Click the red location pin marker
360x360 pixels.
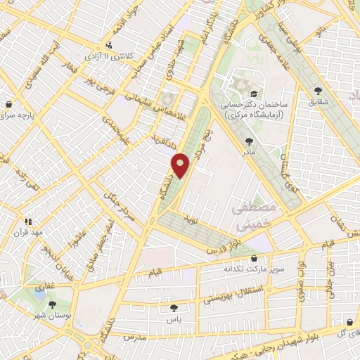tap(181, 165)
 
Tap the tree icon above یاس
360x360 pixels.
tap(173, 307)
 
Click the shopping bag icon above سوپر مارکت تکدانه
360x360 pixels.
tap(254, 258)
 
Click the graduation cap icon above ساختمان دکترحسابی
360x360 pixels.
tap(253, 94)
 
